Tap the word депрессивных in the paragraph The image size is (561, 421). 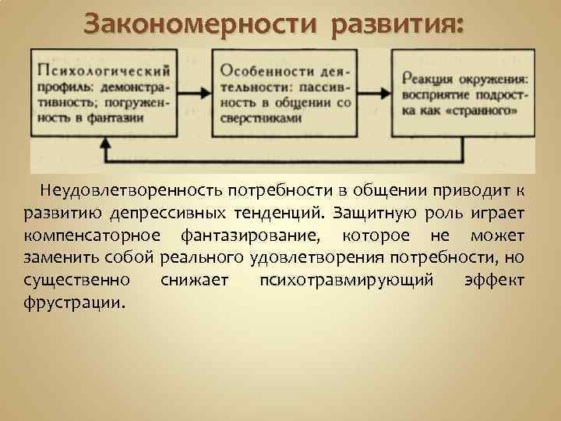(x=178, y=213)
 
